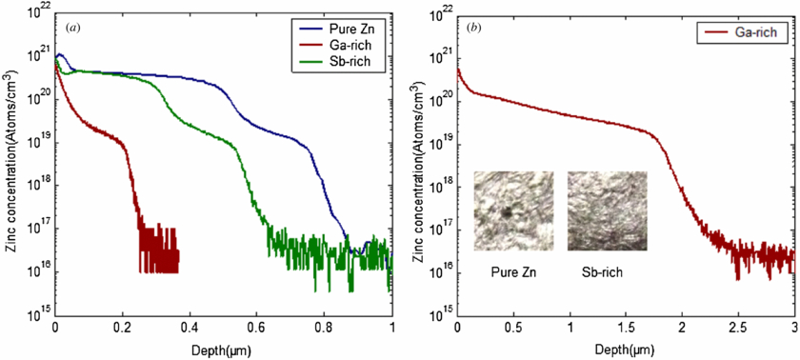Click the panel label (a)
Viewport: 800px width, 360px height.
[x=70, y=27]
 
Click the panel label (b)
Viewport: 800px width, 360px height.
[x=473, y=27]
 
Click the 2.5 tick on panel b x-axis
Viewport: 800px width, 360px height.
[x=737, y=327]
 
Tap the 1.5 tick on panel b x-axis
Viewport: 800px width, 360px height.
[x=626, y=327]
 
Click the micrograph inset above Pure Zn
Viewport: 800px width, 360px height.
[x=513, y=210]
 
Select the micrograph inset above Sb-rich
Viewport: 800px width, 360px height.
[x=608, y=210]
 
